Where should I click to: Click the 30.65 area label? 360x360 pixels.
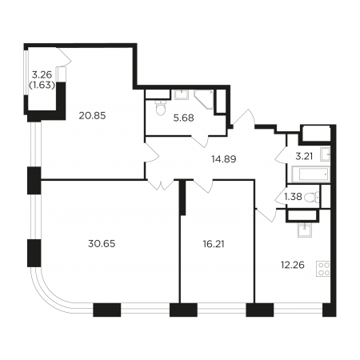(x=102, y=244)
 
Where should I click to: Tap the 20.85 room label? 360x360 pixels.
(x=92, y=116)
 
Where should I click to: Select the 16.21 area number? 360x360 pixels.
(x=214, y=244)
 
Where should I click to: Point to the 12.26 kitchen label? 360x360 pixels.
(x=293, y=265)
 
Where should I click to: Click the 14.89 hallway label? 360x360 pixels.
(x=224, y=159)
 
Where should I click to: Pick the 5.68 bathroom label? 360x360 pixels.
(x=183, y=118)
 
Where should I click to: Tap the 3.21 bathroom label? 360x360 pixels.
(x=304, y=156)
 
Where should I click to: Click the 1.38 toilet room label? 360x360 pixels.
(x=293, y=197)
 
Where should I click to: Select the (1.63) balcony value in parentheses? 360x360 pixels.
(x=42, y=85)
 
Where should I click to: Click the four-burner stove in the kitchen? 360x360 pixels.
(x=323, y=269)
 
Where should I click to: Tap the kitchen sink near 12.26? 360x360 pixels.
(x=305, y=230)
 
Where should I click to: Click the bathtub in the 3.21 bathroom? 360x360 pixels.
(x=311, y=174)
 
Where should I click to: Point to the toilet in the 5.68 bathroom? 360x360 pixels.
(x=161, y=108)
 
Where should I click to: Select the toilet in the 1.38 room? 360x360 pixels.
(x=312, y=197)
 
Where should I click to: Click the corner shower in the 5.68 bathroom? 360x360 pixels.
(x=204, y=99)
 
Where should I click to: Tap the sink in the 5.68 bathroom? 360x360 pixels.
(x=182, y=94)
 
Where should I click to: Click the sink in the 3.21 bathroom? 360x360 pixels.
(x=326, y=154)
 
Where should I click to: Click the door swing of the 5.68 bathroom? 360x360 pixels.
(x=200, y=141)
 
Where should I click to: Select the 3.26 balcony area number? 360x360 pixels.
(x=42, y=74)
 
